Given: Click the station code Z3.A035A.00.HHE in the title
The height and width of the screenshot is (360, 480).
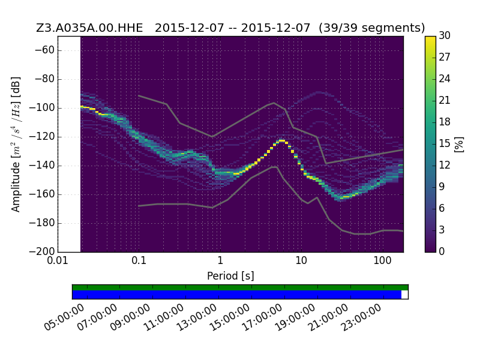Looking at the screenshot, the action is click(x=89, y=28).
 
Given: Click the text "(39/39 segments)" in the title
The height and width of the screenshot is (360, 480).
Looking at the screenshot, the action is click(x=371, y=28).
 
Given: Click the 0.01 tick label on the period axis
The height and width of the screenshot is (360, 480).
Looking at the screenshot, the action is click(x=58, y=261).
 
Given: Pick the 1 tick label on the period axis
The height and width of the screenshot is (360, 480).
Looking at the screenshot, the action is click(x=220, y=261).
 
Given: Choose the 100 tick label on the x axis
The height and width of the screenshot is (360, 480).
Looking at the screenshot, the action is click(x=382, y=261).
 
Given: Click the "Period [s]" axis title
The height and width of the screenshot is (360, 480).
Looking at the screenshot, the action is click(x=230, y=276).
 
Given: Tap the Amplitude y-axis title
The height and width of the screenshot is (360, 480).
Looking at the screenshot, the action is click(x=16, y=144).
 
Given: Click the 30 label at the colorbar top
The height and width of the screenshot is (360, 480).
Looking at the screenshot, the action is click(x=445, y=36).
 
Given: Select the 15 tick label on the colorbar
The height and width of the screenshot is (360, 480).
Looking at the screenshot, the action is click(x=445, y=143).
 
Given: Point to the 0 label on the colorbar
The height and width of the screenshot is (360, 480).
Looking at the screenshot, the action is click(x=442, y=251).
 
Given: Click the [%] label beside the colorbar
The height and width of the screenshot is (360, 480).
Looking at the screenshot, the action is click(x=459, y=144).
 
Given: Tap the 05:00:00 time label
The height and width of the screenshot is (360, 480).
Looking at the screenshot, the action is click(x=64, y=317).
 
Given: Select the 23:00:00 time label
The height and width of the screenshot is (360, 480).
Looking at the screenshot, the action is click(x=361, y=317).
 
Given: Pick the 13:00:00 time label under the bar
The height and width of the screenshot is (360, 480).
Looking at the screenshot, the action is click(x=197, y=317).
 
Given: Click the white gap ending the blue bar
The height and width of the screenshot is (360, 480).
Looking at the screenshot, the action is click(x=404, y=295).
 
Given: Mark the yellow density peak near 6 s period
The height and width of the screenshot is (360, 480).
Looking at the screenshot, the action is click(x=281, y=140).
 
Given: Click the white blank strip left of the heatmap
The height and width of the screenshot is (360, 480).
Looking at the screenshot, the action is click(x=70, y=144).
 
